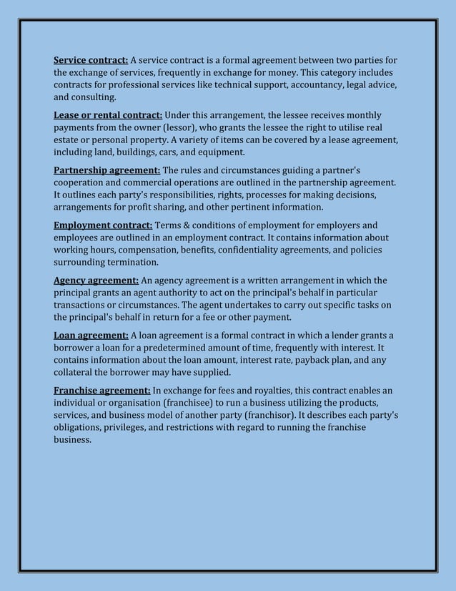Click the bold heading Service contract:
[x=91, y=59]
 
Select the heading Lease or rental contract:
[x=108, y=115]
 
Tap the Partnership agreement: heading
[x=107, y=170]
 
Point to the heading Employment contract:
[x=103, y=225]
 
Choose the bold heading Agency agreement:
[x=96, y=280]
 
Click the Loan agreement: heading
[x=91, y=335]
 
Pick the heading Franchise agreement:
[x=102, y=391]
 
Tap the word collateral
[x=74, y=373]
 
